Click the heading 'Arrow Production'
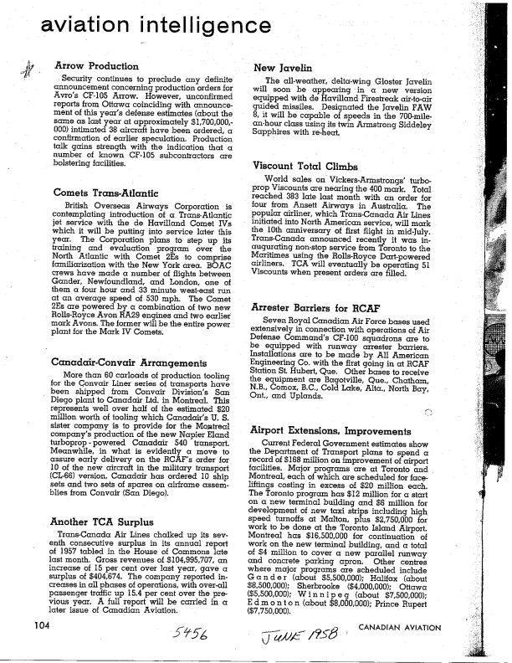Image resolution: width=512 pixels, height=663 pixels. pyautogui.click(x=96, y=65)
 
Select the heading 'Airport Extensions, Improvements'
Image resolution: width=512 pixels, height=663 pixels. pyautogui.click(x=337, y=429)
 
